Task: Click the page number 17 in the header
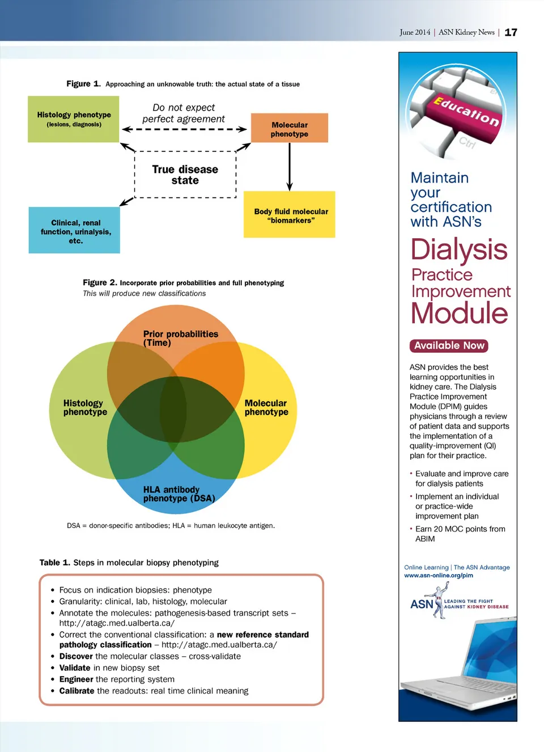[x=511, y=32]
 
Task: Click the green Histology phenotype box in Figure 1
[x=74, y=119]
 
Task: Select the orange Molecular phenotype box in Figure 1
[x=290, y=129]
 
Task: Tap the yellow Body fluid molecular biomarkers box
[x=290, y=215]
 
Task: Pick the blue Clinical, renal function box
[x=74, y=231]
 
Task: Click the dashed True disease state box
[x=185, y=175]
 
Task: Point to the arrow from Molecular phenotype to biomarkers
[x=290, y=167]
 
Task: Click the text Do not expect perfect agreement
[x=184, y=113]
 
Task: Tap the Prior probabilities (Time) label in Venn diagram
[x=180, y=338]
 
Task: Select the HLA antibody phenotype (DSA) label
[x=178, y=494]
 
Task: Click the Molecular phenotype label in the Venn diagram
[x=266, y=407]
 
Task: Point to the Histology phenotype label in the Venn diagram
[x=84, y=407]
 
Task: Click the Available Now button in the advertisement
[x=449, y=345]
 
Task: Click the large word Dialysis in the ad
[x=459, y=250]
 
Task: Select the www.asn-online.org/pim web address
[x=439, y=576]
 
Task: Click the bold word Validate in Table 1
[x=75, y=668]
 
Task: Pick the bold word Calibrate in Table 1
[x=76, y=691]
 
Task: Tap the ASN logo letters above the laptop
[x=422, y=605]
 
